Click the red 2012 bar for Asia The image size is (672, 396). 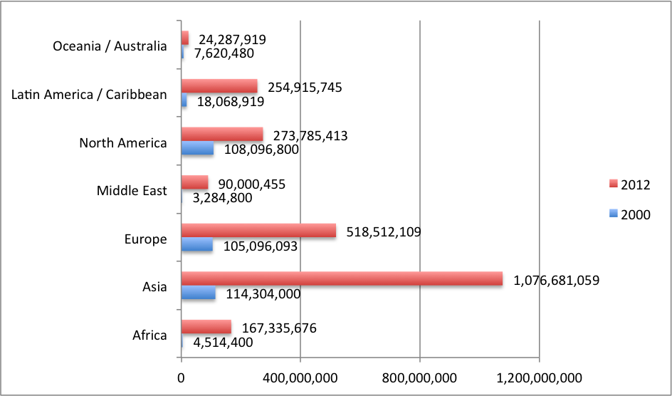342,278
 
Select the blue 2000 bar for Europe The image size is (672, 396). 197,244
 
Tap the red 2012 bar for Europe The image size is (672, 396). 258,231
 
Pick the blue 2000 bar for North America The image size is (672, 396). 197,148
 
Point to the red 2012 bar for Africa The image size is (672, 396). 206,326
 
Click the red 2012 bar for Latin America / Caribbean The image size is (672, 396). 219,86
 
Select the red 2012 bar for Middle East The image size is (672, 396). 194,182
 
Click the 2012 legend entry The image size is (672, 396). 629,184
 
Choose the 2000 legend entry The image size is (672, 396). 629,214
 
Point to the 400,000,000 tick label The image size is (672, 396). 300,377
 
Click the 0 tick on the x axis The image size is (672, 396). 182,377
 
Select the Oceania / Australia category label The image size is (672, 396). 110,46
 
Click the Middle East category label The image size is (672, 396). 132,190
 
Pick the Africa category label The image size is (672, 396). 149,335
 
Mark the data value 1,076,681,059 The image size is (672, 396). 557,280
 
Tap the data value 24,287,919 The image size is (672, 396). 237,39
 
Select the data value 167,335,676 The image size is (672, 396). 278,328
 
